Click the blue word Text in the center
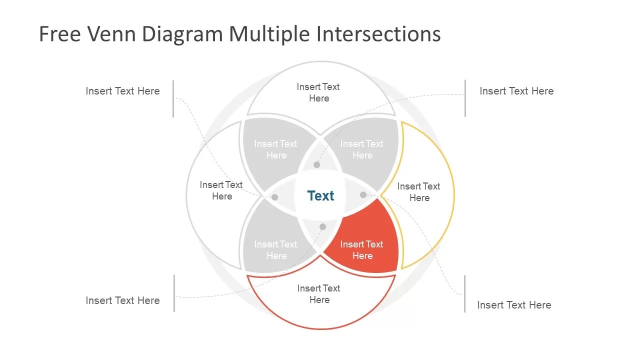(320, 196)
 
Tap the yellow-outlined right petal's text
(418, 192)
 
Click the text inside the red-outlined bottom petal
(318, 294)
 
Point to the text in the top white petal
(318, 92)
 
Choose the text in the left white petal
(221, 190)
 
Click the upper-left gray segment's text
(275, 149)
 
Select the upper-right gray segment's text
(361, 149)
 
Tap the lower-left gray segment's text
(275, 250)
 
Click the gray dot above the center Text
(316, 164)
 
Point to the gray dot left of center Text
(274, 197)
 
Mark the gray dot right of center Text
(363, 194)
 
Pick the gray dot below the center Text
(322, 227)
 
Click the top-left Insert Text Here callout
(122, 91)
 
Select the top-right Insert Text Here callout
(516, 91)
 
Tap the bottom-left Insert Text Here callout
(122, 300)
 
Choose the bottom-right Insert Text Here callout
(514, 305)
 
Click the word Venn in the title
(113, 34)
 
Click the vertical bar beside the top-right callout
(465, 98)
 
